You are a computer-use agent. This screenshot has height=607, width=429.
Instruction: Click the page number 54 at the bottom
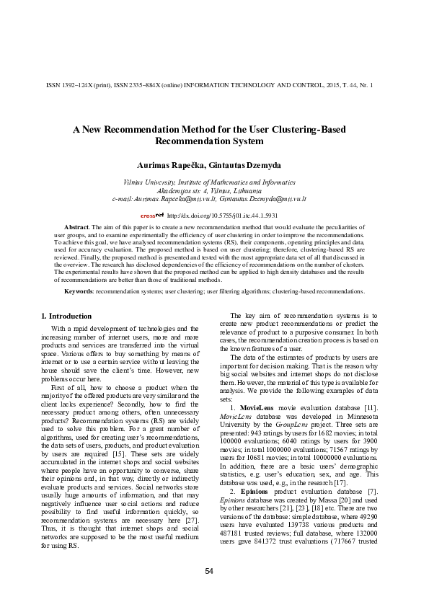(209, 571)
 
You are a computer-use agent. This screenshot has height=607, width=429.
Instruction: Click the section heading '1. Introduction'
(66, 316)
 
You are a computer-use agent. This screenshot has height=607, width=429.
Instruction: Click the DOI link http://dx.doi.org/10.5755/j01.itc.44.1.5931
(222, 216)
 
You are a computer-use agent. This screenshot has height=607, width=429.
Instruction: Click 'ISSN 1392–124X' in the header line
(70, 84)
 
